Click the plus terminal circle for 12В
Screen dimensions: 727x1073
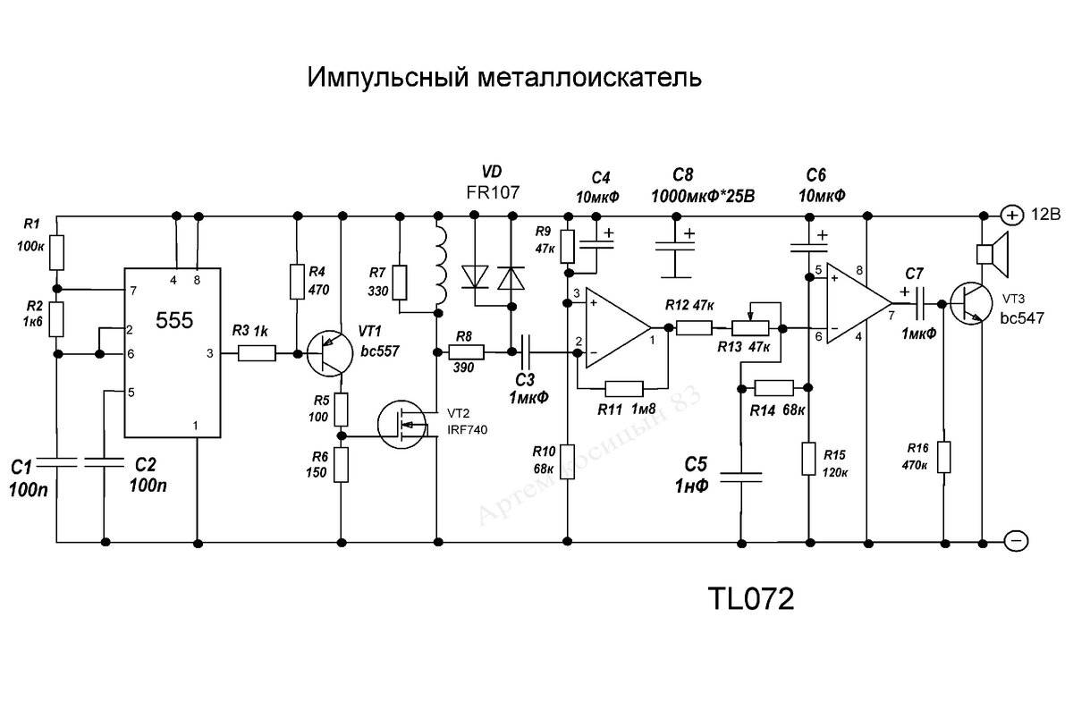pos(1010,215)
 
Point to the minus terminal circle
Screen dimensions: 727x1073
pos(1014,541)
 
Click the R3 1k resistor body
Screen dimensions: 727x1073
pos(258,354)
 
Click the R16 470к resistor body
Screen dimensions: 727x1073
pos(945,457)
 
